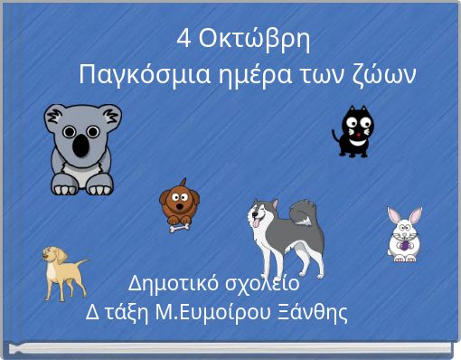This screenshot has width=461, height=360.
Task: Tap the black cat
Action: coord(355,131)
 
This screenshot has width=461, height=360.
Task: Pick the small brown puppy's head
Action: coord(179,199)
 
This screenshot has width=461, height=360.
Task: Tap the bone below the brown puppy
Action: coord(179,226)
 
